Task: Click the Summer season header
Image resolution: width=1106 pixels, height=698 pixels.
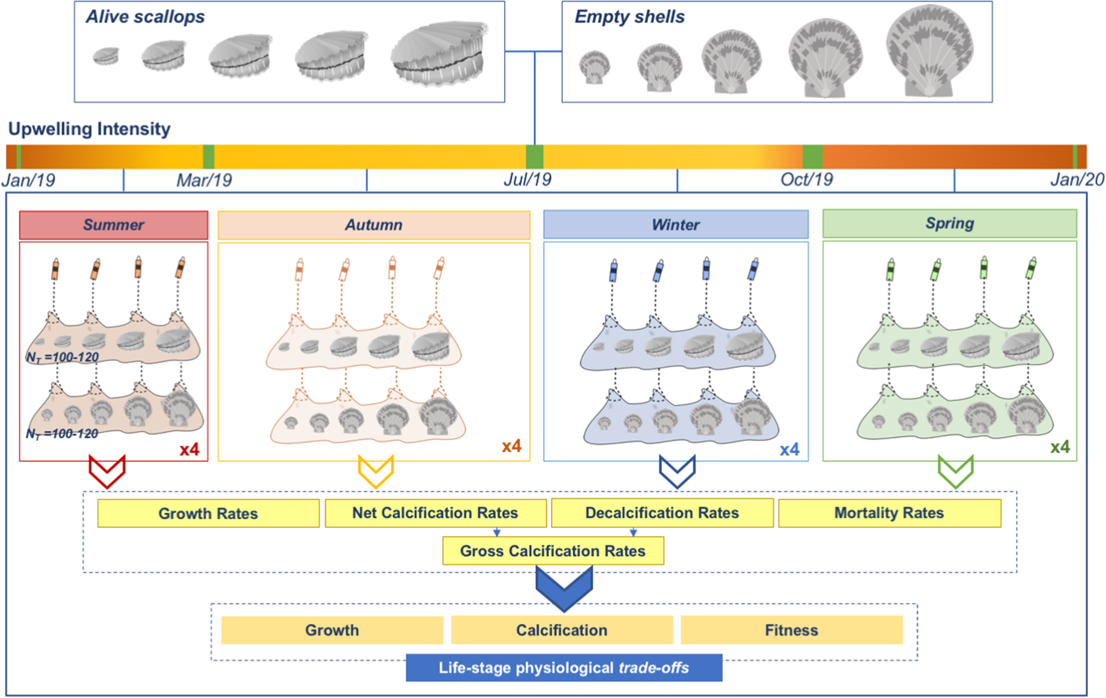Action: (113, 225)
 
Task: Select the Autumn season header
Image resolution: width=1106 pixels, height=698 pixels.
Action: (374, 225)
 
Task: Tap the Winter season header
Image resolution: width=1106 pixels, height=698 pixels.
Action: (676, 225)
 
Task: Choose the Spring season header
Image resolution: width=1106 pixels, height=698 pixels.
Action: (950, 224)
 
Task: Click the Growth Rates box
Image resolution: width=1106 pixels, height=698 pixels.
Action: (208, 514)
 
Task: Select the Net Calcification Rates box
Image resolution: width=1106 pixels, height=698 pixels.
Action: (435, 513)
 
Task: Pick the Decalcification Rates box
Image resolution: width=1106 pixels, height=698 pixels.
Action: (662, 513)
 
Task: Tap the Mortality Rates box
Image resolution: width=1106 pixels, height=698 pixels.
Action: (889, 513)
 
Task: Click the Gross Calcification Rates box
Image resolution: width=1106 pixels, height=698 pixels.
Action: (553, 551)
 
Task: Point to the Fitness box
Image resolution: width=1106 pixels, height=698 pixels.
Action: (791, 630)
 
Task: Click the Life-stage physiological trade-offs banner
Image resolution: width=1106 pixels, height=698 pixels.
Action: (564, 668)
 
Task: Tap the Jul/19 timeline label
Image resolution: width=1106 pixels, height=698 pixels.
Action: (528, 180)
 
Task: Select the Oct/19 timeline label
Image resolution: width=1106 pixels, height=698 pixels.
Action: (806, 180)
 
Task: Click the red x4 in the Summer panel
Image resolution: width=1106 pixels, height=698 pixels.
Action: (190, 449)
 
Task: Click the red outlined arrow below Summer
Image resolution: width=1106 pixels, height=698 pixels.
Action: (107, 470)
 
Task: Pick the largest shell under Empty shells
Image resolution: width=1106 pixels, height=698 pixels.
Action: (929, 51)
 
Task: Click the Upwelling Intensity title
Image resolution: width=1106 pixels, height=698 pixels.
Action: (89, 129)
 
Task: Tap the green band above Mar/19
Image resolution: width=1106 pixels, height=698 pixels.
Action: (208, 157)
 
